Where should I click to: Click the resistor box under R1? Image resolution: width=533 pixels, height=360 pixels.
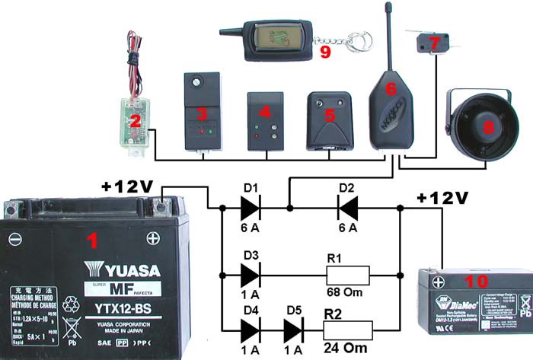coord(346,274)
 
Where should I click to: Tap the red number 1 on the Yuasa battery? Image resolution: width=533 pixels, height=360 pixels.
coord(92,242)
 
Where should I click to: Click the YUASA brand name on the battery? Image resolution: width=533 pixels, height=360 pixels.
coord(121,270)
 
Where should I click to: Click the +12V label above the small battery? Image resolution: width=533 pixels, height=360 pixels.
coord(442,199)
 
